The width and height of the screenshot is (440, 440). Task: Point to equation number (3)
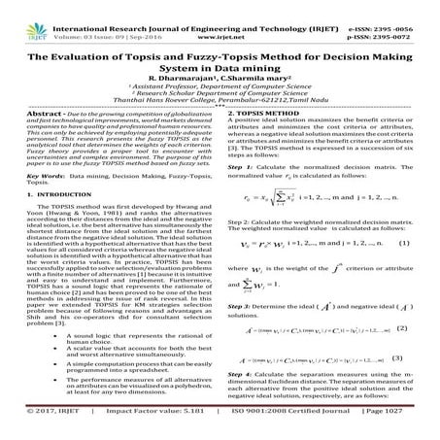[x=399, y=385]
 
